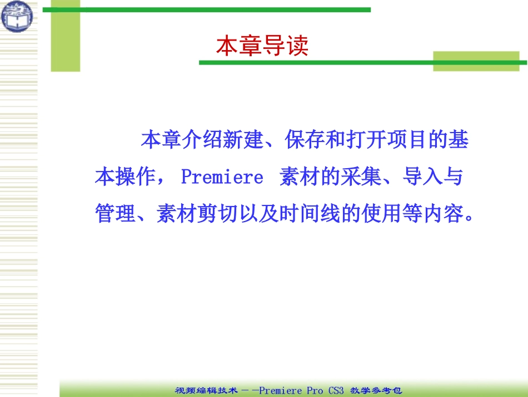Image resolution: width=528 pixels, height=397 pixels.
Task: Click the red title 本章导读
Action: click(x=262, y=46)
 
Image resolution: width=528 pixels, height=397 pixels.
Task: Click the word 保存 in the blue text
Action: click(x=305, y=140)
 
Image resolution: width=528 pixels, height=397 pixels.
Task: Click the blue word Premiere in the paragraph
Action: click(x=222, y=177)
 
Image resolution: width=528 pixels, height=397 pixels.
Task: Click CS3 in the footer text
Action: click(x=335, y=391)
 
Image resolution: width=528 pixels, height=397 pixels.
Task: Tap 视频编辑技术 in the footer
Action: click(x=208, y=391)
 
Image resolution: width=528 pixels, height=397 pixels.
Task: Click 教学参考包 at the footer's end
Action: click(x=376, y=391)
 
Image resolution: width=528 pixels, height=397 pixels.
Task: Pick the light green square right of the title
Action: click(x=476, y=61)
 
